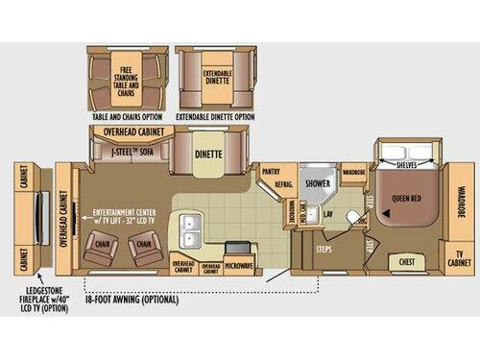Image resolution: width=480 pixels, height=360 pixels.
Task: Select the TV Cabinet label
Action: tap(460, 259)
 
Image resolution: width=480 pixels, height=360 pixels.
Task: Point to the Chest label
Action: tap(407, 260)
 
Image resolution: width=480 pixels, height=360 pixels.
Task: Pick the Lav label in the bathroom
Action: tap(328, 213)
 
